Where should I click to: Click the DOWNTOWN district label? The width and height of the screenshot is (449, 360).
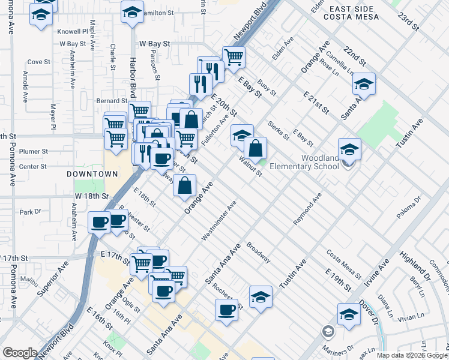(x=92, y=174)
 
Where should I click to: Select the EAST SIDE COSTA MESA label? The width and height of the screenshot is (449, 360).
(x=351, y=13)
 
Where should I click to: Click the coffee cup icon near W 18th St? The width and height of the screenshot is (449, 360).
(x=100, y=223)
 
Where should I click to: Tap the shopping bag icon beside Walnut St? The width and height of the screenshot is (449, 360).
(x=255, y=148)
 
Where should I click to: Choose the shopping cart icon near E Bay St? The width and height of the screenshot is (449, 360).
(x=234, y=58)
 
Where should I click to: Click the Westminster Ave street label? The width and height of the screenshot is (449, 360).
(x=218, y=221)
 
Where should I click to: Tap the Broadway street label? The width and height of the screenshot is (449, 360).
(x=258, y=253)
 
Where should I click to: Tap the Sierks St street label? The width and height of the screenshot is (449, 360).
(x=279, y=128)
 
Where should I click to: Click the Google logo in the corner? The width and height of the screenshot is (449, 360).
(x=20, y=353)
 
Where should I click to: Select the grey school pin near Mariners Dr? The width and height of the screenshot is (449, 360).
(x=328, y=331)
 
